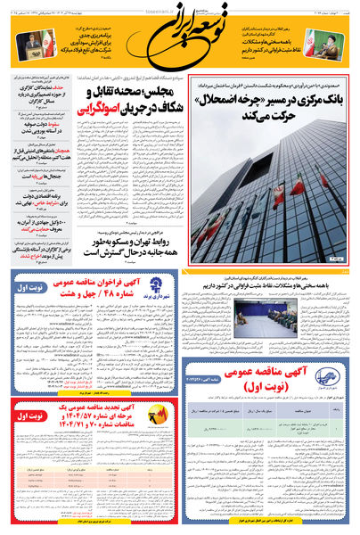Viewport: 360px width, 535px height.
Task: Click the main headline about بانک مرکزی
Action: pos(268,106)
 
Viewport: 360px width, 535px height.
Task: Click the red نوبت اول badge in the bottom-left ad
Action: pos(28,415)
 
